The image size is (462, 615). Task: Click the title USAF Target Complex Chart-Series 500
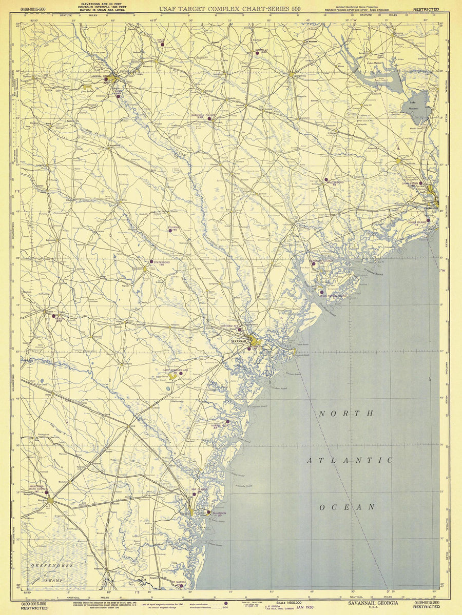(x=230, y=9)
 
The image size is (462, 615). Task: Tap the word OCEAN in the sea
(x=347, y=507)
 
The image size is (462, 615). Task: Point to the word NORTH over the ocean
(x=346, y=414)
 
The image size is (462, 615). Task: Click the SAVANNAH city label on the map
(x=238, y=341)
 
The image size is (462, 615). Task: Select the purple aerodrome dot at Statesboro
(x=151, y=261)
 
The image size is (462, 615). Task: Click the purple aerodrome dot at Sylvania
(x=170, y=230)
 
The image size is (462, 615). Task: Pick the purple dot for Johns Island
(x=428, y=220)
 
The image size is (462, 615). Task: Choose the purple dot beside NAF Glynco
(x=194, y=495)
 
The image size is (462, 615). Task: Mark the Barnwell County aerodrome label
(x=203, y=116)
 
